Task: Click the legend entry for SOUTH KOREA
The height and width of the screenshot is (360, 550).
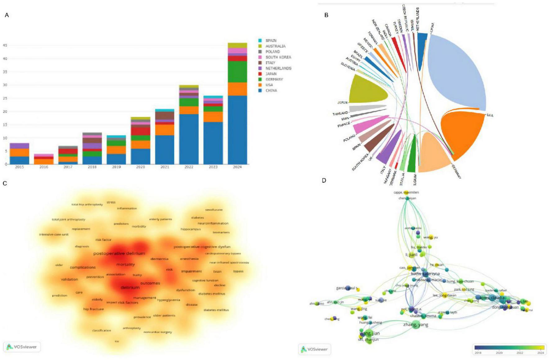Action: point(278,57)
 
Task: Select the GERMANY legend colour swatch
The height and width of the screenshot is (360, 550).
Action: point(260,79)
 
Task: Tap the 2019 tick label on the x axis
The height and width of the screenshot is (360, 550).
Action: point(116,167)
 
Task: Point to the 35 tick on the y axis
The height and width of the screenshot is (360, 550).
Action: point(5,72)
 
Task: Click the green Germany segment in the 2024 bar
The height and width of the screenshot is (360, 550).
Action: point(237,72)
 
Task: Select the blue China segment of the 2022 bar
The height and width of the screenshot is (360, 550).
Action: point(189,139)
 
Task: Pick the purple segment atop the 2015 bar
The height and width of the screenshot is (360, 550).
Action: point(20,146)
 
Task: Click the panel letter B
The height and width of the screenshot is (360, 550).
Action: point(326,15)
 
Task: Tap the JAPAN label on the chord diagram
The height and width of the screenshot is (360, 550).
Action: point(342,102)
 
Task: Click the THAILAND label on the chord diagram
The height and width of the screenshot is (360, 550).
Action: point(340,114)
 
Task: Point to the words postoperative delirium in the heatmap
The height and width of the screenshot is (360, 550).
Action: point(119,254)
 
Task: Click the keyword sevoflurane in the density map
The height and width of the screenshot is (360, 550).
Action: point(214,210)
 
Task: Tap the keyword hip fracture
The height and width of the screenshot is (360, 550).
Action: point(93,309)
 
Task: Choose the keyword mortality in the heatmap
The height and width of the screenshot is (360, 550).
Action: point(125,265)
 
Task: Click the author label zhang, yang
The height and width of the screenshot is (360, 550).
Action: point(416,325)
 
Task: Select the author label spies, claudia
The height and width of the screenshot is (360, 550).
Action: point(492,298)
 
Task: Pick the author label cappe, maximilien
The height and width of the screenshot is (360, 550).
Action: point(406,192)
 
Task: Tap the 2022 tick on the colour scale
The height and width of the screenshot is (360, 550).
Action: point(520,353)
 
